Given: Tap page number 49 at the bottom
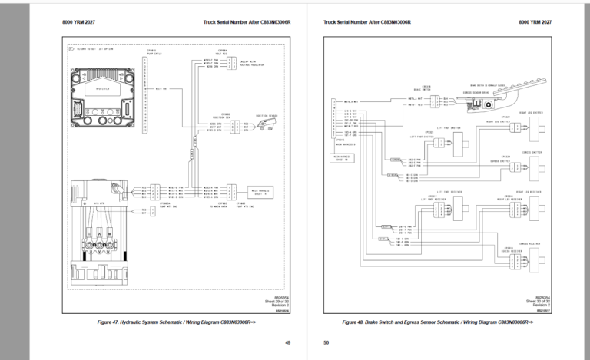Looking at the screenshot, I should tap(287, 342).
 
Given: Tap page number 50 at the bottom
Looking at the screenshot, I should tap(326, 342).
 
